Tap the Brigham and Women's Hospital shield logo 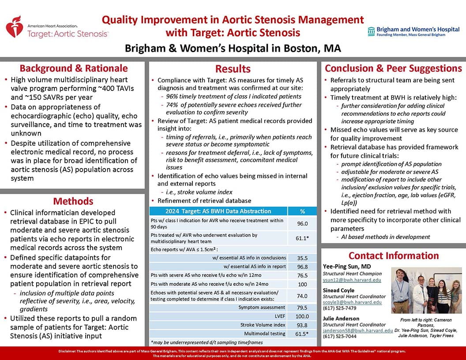pyautogui.click(x=371, y=31)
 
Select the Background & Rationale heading pyautogui.click(x=73, y=68)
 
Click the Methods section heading pyautogui.click(x=73, y=201)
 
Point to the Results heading pyautogui.click(x=233, y=69)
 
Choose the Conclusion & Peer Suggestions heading pyautogui.click(x=393, y=68)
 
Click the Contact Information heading pyautogui.click(x=393, y=256)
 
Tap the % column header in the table pyautogui.click(x=302, y=211)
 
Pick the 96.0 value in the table pyautogui.click(x=302, y=223)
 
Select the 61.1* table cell pyautogui.click(x=302, y=239)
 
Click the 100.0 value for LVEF pyautogui.click(x=302, y=316)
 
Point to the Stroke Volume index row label pyautogui.click(x=263, y=325)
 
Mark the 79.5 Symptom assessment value pyautogui.click(x=302, y=307)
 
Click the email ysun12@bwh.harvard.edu pyautogui.click(x=352, y=280)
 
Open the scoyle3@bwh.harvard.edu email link pyautogui.click(x=352, y=302)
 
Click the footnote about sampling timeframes pyautogui.click(x=206, y=342)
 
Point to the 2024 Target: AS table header pyautogui.click(x=219, y=211)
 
